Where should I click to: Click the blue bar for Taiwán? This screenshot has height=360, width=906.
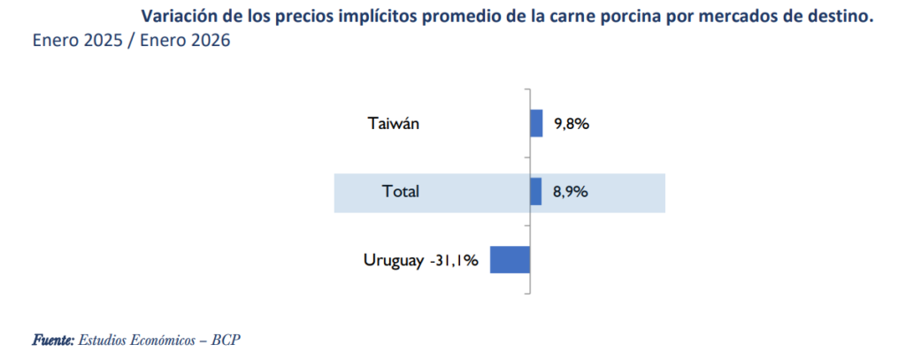pos(536,124)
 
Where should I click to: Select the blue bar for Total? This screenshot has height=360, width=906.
pos(535,191)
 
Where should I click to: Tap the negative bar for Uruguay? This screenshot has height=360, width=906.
pos(510,260)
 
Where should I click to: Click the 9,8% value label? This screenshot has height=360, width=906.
pos(572,124)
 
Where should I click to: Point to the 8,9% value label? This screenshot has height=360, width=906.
pos(571,191)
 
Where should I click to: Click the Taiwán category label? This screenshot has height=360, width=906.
pos(393,124)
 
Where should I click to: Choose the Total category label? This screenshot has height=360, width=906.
pos(400,191)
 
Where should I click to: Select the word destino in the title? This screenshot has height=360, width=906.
pos(833,16)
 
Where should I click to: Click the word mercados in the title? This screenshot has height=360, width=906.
pos(710,16)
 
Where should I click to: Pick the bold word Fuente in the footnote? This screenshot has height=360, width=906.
pos(53,340)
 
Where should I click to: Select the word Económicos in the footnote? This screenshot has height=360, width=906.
pos(156,340)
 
